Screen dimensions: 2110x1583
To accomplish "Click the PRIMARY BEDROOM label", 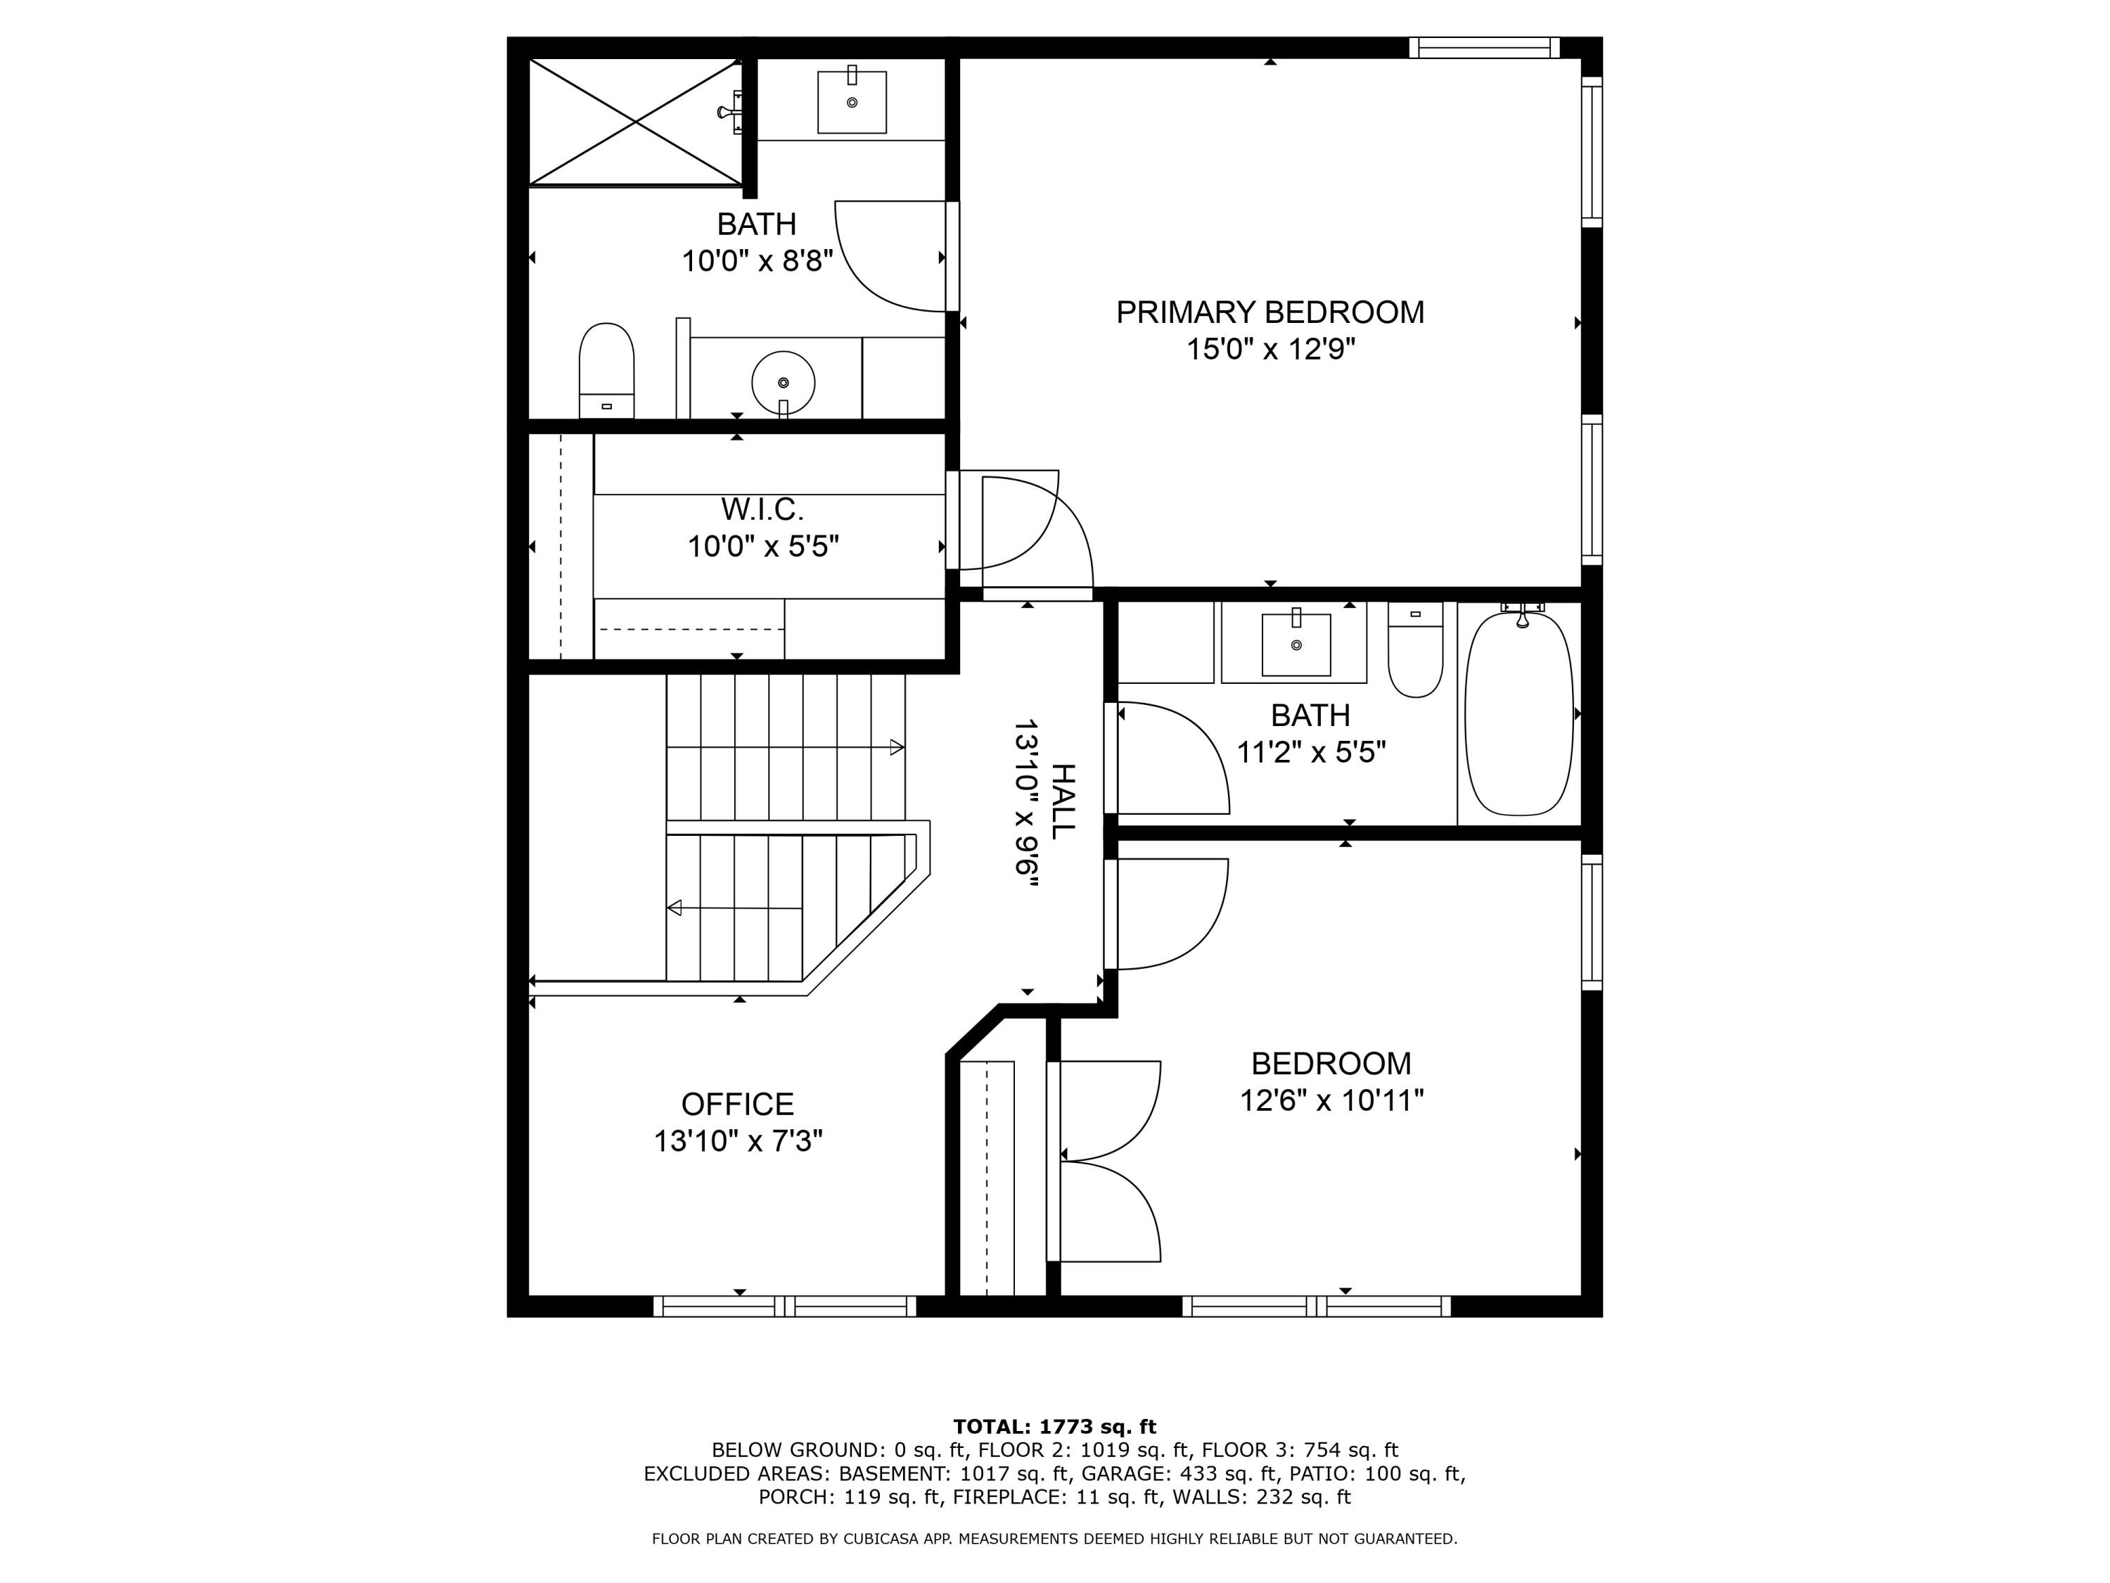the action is (1270, 312).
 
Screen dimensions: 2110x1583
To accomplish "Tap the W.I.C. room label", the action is (762, 509).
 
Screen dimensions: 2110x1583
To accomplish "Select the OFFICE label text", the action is (737, 1104).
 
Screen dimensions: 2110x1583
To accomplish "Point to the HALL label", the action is (1061, 801).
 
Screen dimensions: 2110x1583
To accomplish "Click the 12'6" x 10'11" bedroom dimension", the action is (1331, 1101).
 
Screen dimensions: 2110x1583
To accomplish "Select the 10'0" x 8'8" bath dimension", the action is (757, 260).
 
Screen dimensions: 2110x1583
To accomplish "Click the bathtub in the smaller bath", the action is (1518, 713).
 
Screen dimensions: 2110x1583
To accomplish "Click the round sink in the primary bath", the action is (783, 383).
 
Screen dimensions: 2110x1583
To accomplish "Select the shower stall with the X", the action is (635, 122).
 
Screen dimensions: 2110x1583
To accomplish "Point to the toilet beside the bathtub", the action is (1414, 650).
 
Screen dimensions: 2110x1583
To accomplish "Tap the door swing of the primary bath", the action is (890, 255).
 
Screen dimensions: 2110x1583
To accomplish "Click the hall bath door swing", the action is (1173, 758).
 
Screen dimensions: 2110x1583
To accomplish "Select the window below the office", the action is (785, 1307).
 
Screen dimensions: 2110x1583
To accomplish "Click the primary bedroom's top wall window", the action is (1484, 48).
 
